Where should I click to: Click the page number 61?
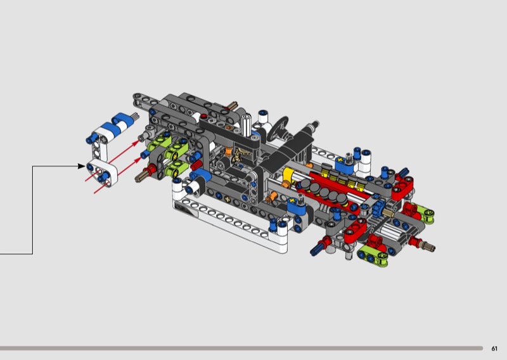pos(494,349)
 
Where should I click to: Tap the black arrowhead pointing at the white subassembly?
pos(82,166)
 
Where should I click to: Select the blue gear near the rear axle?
pos(378,209)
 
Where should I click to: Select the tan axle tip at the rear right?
pos(430,247)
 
